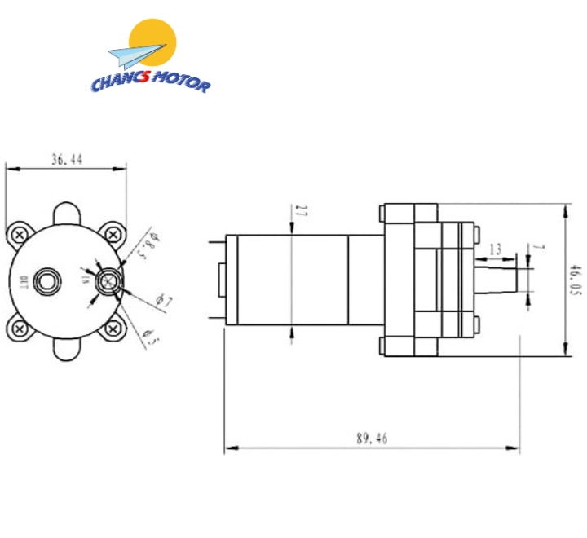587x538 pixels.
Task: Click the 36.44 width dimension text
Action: pyautogui.click(x=66, y=161)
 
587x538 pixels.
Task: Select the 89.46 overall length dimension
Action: pyautogui.click(x=371, y=439)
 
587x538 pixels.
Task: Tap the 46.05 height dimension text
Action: pyautogui.click(x=575, y=281)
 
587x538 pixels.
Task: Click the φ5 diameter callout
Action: pyautogui.click(x=149, y=333)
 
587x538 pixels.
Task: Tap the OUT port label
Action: pyautogui.click(x=24, y=282)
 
